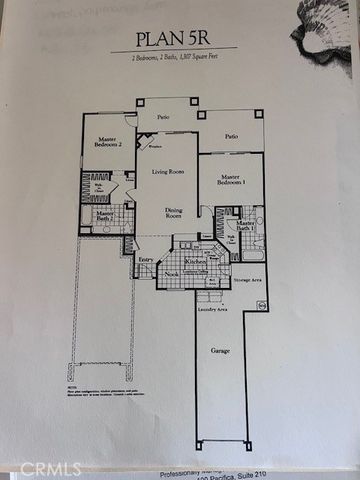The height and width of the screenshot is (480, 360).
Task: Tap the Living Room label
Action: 168,172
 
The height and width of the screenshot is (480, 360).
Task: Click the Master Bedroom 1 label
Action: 229,189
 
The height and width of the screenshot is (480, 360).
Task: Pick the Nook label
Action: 172,272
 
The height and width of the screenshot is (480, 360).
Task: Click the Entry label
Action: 147,260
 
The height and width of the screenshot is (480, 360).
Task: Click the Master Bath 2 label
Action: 104,216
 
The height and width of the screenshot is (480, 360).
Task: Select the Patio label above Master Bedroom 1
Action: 231,136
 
